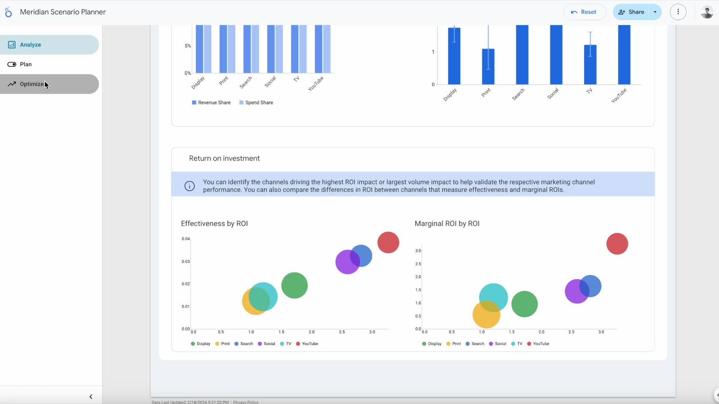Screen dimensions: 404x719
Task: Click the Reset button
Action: tap(584, 12)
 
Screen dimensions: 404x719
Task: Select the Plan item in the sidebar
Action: tap(26, 64)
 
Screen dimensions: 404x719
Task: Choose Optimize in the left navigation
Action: tap(31, 84)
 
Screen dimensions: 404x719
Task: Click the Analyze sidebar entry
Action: tap(30, 45)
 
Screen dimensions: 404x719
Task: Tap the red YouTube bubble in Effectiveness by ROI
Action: tap(388, 242)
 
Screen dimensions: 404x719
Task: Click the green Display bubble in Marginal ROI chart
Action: tap(524, 304)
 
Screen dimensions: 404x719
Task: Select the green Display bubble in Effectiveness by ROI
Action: tap(294, 285)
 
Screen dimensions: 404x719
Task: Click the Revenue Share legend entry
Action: tap(211, 103)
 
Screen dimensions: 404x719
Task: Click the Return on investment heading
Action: tap(224, 158)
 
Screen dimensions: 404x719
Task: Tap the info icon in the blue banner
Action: tap(190, 186)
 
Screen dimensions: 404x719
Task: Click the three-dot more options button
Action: tap(678, 12)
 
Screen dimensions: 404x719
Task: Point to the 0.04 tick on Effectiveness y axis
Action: tap(186, 239)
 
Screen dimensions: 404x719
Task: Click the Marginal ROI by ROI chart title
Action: tap(447, 224)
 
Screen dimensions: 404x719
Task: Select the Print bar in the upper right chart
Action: tap(488, 66)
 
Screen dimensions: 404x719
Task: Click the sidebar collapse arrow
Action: tap(91, 397)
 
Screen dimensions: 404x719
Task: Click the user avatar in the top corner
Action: tap(707, 12)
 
